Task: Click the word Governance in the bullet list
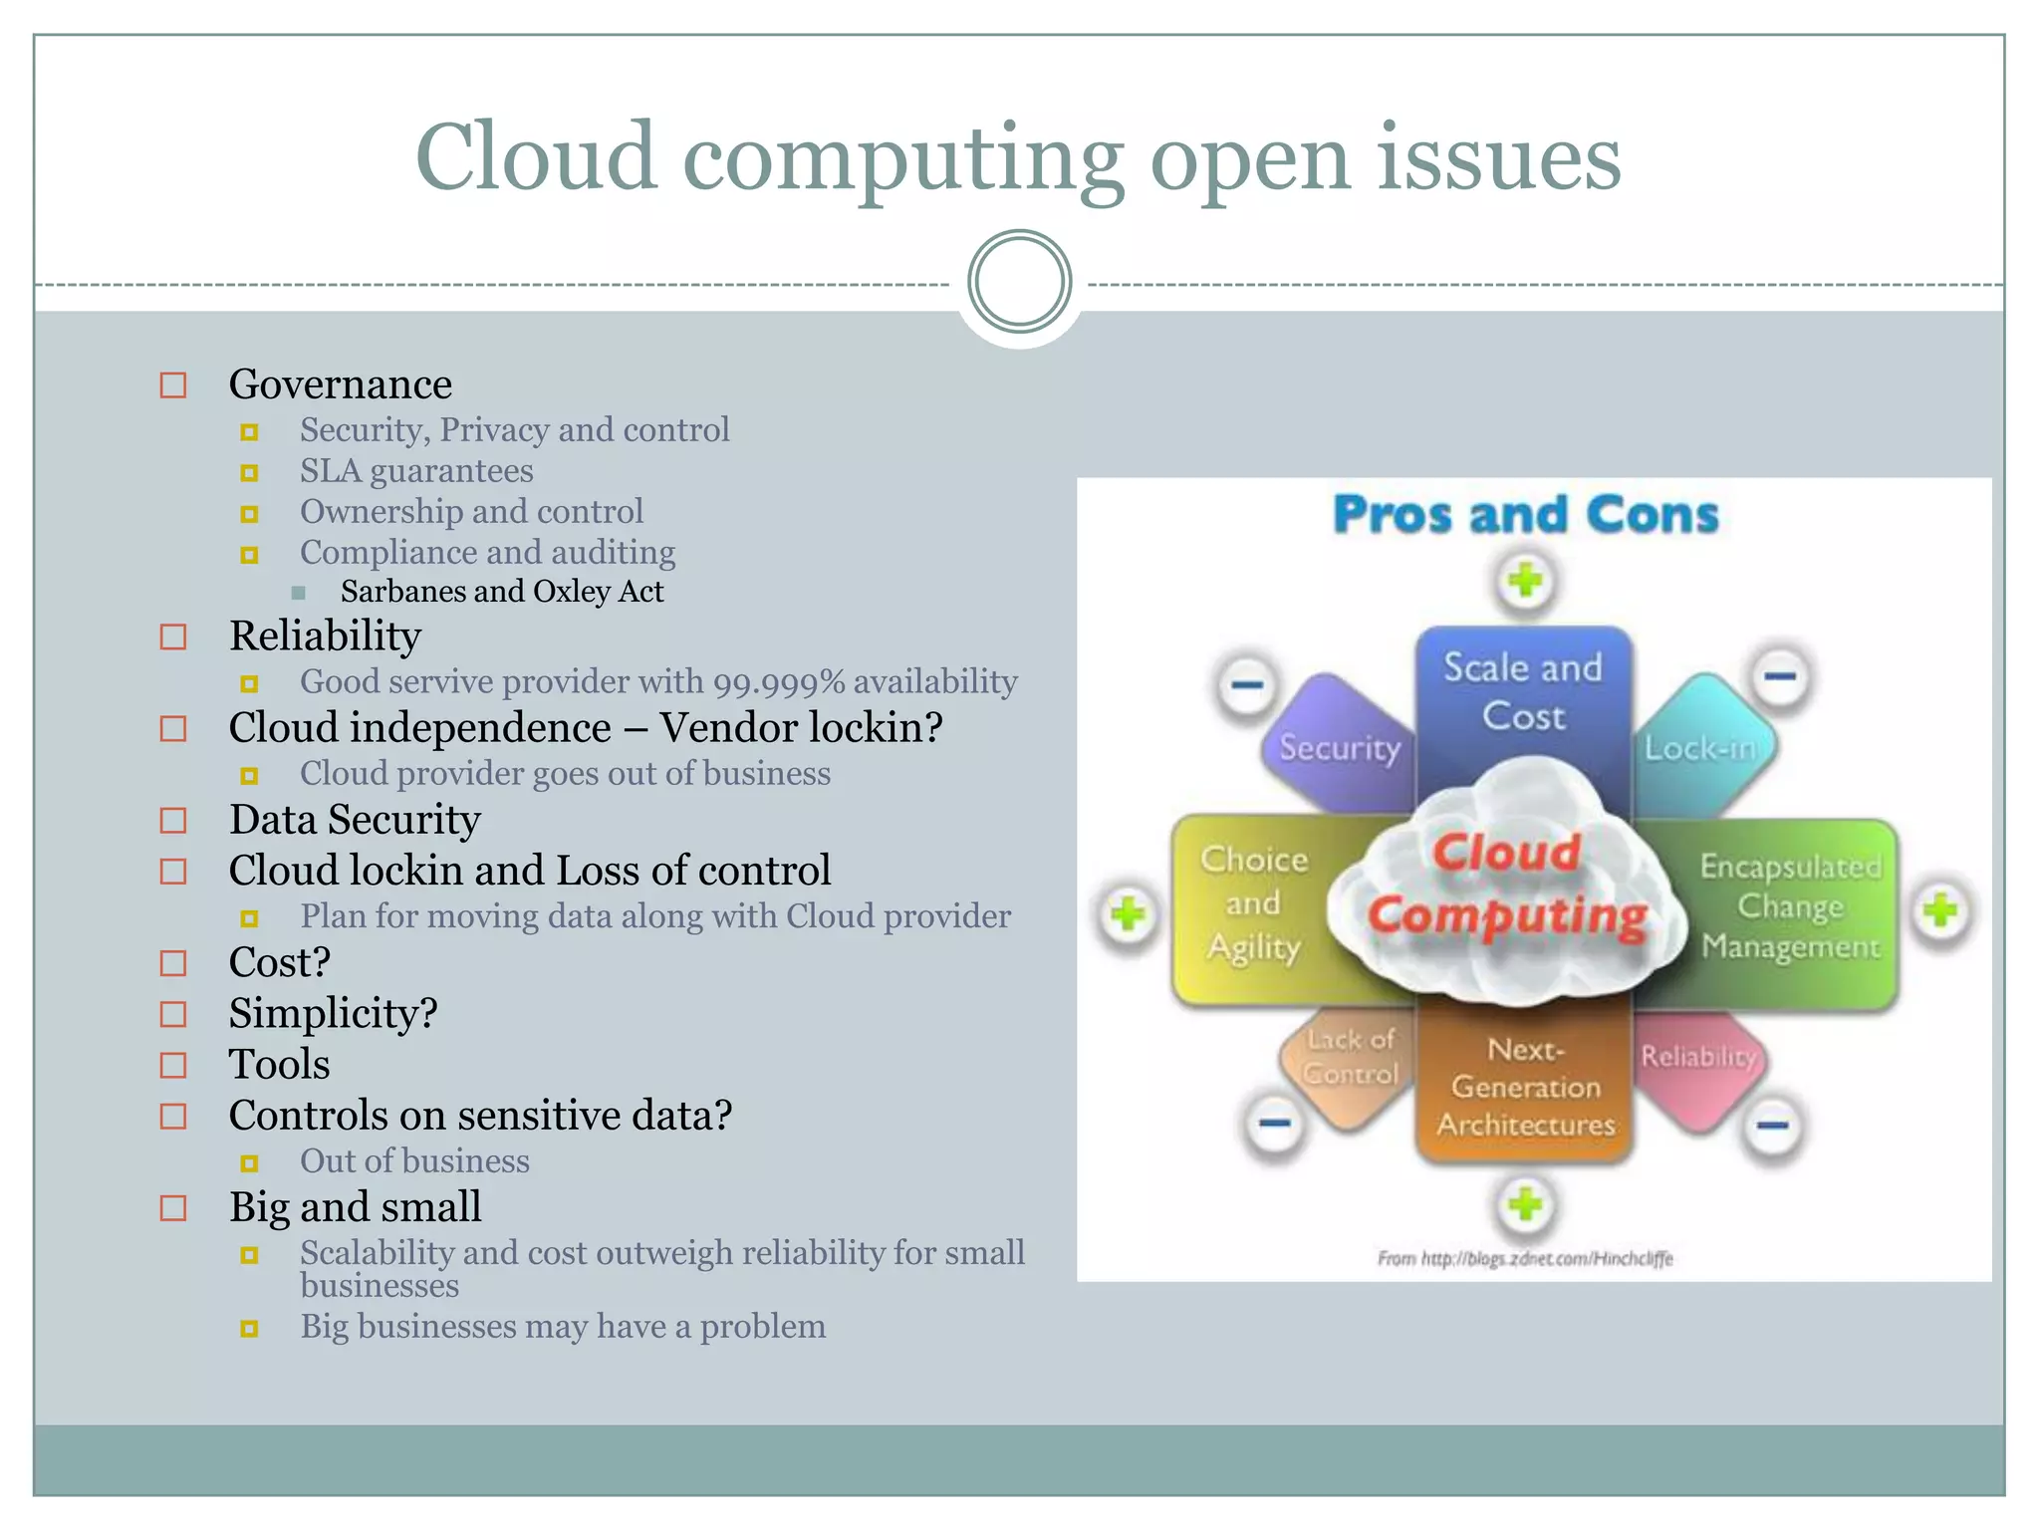(x=340, y=384)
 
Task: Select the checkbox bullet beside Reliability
(x=173, y=637)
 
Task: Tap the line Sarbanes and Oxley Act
(x=501, y=592)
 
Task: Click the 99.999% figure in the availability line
(x=779, y=682)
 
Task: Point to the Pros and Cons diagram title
(x=1525, y=515)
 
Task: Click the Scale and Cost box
(x=1523, y=692)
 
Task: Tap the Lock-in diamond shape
(x=1701, y=746)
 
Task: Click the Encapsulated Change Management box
(x=1790, y=907)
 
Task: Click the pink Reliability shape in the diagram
(x=1697, y=1061)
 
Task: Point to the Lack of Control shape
(x=1350, y=1060)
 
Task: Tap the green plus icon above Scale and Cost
(x=1524, y=581)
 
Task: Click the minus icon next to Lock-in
(x=1780, y=676)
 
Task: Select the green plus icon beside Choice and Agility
(x=1128, y=913)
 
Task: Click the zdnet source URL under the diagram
(x=1525, y=1258)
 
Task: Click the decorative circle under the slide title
(x=1019, y=282)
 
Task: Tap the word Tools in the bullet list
(x=279, y=1065)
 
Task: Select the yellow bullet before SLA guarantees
(x=249, y=473)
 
